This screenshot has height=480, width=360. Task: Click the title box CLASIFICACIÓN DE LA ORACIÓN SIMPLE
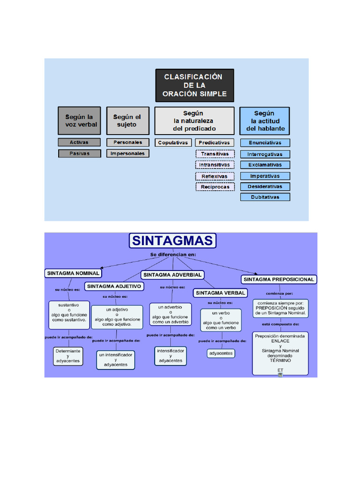pyautogui.click(x=195, y=85)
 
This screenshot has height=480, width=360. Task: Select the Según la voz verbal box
pyautogui.click(x=79, y=120)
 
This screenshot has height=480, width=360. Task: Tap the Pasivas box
pyautogui.click(x=79, y=153)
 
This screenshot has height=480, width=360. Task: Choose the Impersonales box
pyautogui.click(x=127, y=153)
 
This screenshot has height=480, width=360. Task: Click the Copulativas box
pyautogui.click(x=173, y=142)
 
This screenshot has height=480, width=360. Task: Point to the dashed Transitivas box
pyautogui.click(x=215, y=154)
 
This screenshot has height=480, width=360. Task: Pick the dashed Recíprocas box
pyautogui.click(x=215, y=187)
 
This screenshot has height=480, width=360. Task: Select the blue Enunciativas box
pyautogui.click(x=265, y=142)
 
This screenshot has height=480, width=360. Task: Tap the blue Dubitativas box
pyautogui.click(x=265, y=197)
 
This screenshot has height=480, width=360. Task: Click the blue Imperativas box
pyautogui.click(x=265, y=176)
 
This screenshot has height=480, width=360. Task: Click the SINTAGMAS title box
pyautogui.click(x=172, y=241)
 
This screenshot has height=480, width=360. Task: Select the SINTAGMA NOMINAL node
pyautogui.click(x=73, y=273)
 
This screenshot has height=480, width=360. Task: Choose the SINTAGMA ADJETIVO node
pyautogui.click(x=114, y=286)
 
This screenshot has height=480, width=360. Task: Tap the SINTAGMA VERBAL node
pyautogui.click(x=220, y=292)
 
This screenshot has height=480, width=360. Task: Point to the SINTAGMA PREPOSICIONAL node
pyautogui.click(x=279, y=279)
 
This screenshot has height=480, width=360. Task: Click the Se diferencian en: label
pyautogui.click(x=173, y=254)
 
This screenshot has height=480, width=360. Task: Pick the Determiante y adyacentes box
pyautogui.click(x=68, y=356)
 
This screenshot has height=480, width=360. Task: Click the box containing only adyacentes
pyautogui.click(x=220, y=353)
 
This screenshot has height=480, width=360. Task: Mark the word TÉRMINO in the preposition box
pyautogui.click(x=280, y=360)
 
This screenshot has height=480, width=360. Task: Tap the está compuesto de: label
pyautogui.click(x=280, y=324)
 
